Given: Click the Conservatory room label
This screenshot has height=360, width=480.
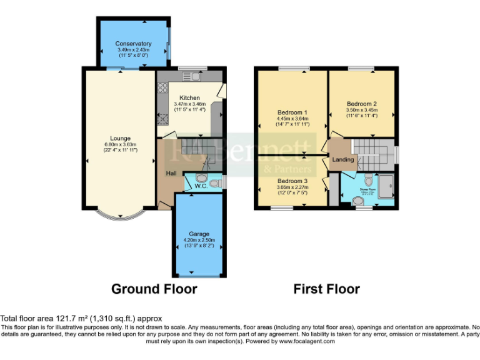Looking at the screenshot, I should coord(134,44).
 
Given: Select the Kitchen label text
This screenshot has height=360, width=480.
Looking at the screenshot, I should coord(189,98).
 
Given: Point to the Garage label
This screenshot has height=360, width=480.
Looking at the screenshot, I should coord(199,234).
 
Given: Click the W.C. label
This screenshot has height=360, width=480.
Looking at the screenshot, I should coord(201,185).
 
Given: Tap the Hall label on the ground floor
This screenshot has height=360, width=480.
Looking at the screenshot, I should coord(171,173).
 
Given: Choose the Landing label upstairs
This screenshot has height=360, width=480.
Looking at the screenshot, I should coord(343,160).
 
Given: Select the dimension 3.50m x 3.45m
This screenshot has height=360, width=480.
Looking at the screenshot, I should coord(362,110).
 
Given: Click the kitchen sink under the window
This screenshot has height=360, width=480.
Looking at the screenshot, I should coord(191,77).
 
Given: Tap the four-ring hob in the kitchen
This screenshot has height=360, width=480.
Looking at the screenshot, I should coord(163,88).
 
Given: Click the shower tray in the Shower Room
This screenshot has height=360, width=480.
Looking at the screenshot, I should coord(385,185).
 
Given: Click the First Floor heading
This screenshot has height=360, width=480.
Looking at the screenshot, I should coord(326,289).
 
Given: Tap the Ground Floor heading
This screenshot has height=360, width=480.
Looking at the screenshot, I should coord(154,289).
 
